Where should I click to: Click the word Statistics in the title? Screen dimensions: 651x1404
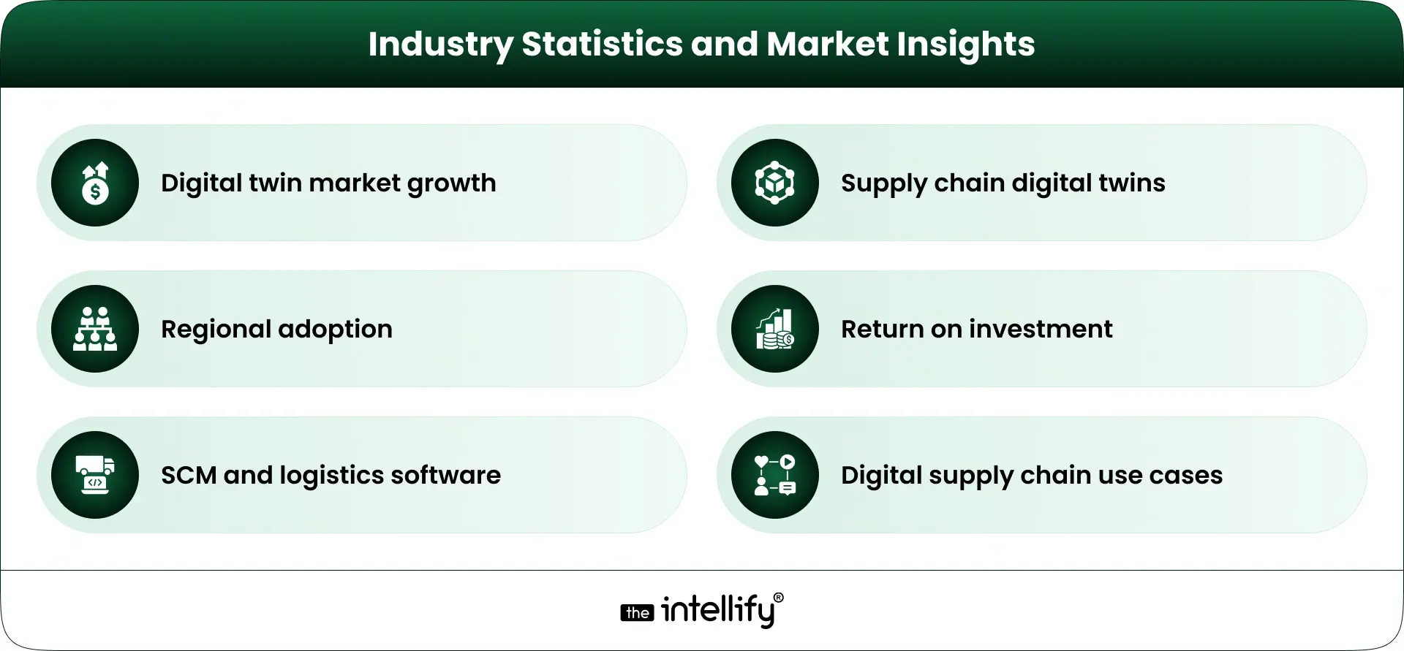(601, 44)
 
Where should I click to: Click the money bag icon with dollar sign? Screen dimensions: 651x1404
(95, 183)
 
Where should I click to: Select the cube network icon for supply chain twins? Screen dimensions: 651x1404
(775, 183)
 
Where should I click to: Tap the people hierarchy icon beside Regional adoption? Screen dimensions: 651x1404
(95, 329)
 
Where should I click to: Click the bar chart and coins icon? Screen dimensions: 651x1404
(775, 329)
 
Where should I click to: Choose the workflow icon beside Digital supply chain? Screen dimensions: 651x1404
(775, 475)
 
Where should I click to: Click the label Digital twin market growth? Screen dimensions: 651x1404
(328, 183)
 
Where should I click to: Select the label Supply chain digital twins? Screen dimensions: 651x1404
(1003, 183)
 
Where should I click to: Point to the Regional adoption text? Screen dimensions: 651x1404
(276, 329)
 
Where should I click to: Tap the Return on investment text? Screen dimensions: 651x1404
(976, 329)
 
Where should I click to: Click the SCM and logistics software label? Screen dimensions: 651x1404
(331, 475)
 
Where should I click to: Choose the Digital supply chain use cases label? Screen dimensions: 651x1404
(1031, 475)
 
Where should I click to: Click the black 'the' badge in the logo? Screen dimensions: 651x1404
(637, 613)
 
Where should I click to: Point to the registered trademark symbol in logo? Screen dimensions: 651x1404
(778, 598)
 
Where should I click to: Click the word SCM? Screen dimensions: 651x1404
(189, 475)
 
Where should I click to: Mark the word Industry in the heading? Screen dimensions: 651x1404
(440, 44)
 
